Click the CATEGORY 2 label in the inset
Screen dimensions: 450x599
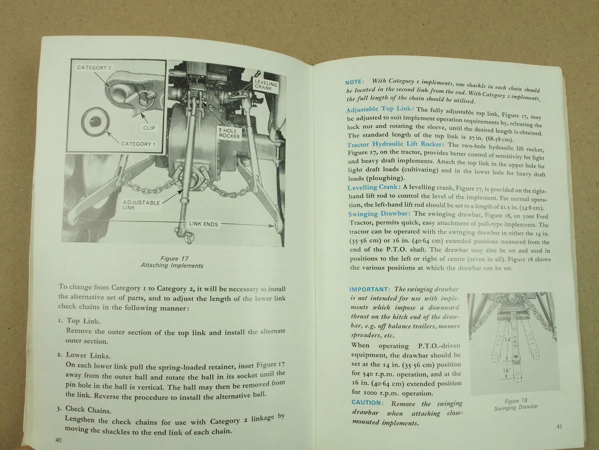[94, 68]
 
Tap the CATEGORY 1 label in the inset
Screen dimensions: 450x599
[138, 144]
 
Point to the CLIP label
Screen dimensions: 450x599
[149, 128]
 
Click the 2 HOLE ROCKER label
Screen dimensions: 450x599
[229, 134]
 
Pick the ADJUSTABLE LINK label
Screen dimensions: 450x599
[141, 205]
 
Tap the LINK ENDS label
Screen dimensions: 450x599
[203, 224]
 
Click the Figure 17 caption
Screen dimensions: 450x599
[172, 262]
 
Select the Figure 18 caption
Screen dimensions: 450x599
[516, 404]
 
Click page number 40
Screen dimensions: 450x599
[58, 440]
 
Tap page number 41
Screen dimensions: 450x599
[559, 426]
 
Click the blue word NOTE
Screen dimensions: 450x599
[355, 82]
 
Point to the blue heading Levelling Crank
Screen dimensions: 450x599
[374, 187]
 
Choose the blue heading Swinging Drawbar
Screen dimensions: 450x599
[380, 214]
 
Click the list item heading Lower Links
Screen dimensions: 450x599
[88, 355]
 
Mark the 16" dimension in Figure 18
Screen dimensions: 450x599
[507, 370]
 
